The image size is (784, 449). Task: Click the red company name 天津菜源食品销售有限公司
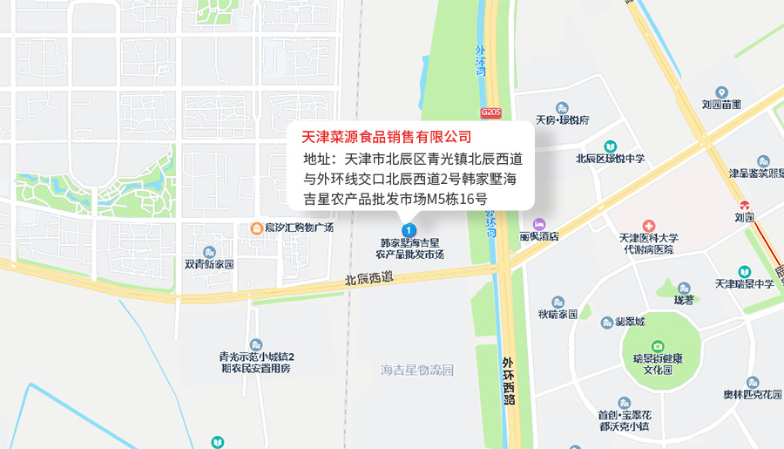386,137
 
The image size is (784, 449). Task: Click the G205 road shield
490,112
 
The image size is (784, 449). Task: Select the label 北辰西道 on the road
369,280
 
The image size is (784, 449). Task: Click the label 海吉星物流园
417,370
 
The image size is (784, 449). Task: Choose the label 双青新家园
209,263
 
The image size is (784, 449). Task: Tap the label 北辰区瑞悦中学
611,159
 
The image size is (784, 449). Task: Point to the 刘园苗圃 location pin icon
721,92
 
